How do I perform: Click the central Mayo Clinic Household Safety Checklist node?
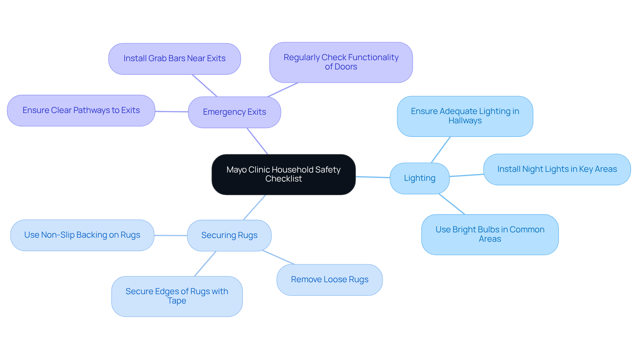click(x=283, y=174)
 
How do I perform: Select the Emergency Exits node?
click(x=234, y=112)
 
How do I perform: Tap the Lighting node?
click(x=419, y=178)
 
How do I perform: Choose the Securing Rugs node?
click(x=229, y=235)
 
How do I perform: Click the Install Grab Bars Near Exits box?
click(x=174, y=59)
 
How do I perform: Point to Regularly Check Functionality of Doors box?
click(x=341, y=62)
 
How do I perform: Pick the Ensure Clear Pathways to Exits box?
click(x=81, y=110)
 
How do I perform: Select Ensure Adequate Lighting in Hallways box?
click(x=465, y=116)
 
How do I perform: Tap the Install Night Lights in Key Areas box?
click(x=557, y=169)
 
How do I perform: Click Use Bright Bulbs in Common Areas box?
click(x=490, y=234)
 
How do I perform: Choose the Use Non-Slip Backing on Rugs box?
click(x=82, y=235)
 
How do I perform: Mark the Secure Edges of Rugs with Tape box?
click(x=177, y=296)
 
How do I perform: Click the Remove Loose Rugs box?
click(x=329, y=280)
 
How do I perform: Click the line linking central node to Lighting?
click(x=372, y=177)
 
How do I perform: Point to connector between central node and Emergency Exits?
click(x=257, y=141)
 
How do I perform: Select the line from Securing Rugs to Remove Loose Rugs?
click(x=278, y=257)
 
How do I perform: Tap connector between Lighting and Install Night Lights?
click(x=466, y=175)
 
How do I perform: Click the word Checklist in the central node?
click(x=283, y=179)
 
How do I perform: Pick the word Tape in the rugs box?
click(x=177, y=301)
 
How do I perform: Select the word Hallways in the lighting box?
click(x=465, y=121)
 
